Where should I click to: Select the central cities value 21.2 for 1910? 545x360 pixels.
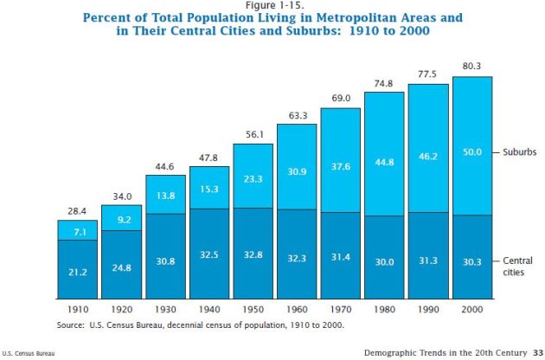(78, 272)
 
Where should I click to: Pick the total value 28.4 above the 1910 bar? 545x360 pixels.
(78, 210)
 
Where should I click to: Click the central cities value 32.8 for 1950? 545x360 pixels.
(253, 257)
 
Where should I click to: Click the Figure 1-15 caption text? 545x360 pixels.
(272, 5)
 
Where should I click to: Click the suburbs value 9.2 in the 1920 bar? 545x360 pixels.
(121, 220)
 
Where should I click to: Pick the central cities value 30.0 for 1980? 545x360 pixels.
(384, 260)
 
